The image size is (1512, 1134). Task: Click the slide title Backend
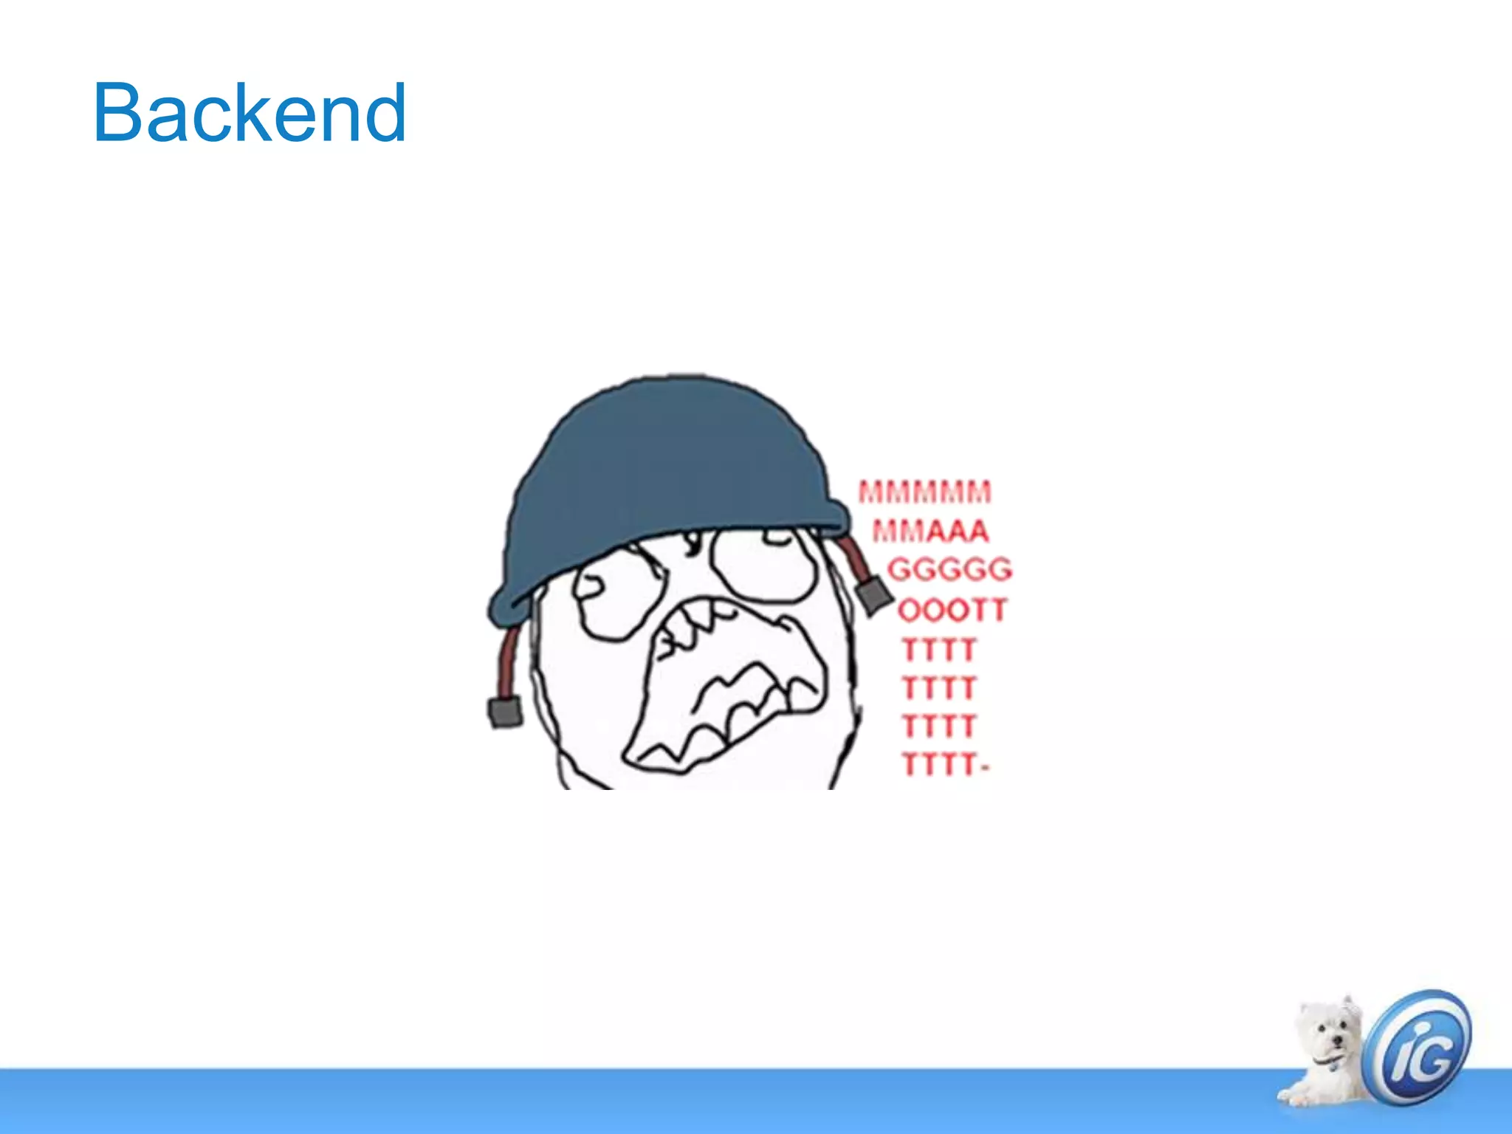click(x=250, y=113)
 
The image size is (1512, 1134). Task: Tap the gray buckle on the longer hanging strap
click(x=505, y=711)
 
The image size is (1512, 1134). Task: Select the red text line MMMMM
click(x=924, y=492)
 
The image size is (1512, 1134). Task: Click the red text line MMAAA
click(x=930, y=531)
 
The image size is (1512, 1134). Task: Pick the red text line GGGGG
click(x=949, y=570)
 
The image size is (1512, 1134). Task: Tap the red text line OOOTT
click(x=952, y=611)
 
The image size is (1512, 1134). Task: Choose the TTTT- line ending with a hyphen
click(x=945, y=765)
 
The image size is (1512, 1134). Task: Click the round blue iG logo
click(x=1417, y=1046)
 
